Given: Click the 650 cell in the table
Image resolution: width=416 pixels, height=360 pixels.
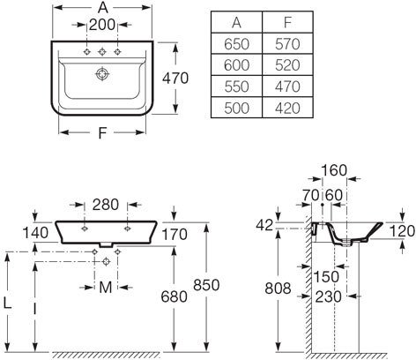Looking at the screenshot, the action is click(236, 44).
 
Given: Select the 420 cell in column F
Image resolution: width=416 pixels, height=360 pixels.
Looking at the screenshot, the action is click(287, 108).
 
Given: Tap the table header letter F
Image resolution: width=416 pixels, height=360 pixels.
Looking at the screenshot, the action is click(288, 22).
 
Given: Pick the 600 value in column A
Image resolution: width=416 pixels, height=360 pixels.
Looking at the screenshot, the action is click(236, 65).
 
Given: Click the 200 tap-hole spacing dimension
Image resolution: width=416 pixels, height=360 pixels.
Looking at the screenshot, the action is click(102, 25).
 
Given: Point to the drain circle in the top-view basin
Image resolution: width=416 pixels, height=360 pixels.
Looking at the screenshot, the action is click(102, 74).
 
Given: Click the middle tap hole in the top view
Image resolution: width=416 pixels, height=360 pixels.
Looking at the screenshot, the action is click(102, 52).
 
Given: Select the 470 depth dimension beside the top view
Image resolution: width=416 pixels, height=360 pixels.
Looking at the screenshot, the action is click(175, 79).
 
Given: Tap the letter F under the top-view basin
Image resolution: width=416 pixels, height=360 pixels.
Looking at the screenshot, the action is click(102, 133).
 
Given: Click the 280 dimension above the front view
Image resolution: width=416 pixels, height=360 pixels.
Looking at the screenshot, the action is click(106, 205).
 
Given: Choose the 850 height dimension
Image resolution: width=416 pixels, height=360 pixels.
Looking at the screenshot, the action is click(206, 285).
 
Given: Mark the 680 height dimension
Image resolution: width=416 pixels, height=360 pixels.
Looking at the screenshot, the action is click(174, 296).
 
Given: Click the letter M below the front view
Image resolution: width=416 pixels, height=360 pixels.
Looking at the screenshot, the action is click(106, 288).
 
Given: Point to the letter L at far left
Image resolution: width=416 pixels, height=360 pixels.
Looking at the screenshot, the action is click(7, 303).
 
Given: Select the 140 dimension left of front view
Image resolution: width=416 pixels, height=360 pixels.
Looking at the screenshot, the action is click(35, 233).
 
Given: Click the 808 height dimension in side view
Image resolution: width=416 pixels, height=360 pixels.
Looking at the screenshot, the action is click(278, 289).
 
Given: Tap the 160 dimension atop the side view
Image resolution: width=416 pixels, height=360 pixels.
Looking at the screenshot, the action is click(334, 170).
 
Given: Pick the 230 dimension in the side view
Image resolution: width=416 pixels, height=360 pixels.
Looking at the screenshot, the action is click(329, 297).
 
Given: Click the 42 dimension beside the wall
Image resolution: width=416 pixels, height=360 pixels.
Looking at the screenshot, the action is click(264, 225).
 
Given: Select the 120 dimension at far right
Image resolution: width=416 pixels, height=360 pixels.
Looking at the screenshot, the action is click(403, 231).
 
